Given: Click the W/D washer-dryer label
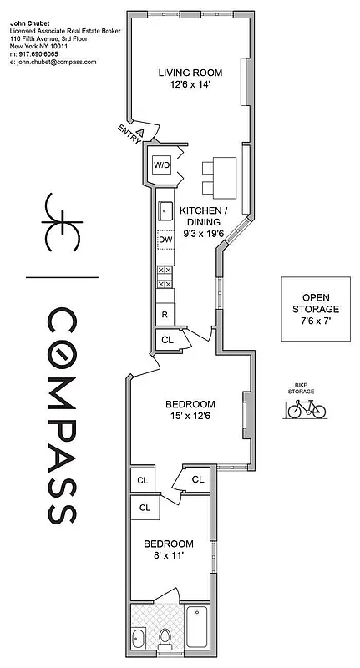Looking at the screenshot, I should (160, 165).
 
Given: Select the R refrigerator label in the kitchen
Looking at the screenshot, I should (165, 315).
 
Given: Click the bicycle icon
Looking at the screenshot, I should (306, 409).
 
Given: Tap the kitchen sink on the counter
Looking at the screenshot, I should (165, 209).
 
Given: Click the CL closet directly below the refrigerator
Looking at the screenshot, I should (166, 340).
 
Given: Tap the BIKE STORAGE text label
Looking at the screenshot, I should (301, 387).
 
